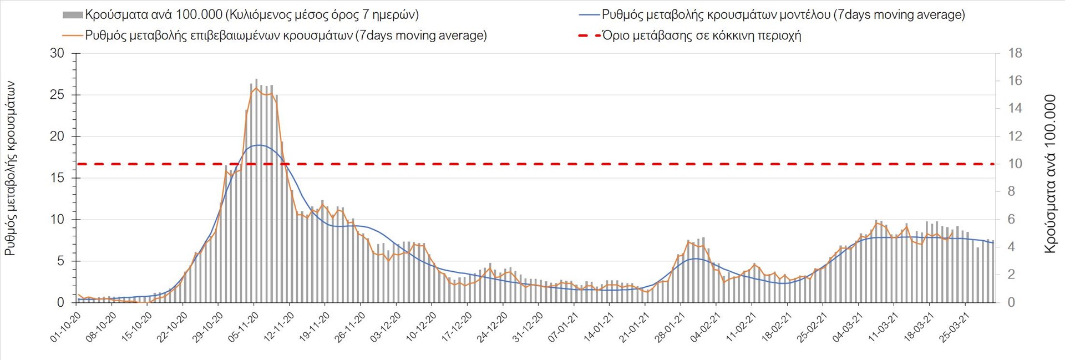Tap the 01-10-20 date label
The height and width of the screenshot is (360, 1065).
(x=66, y=327)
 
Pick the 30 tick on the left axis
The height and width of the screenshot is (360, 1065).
(x=57, y=53)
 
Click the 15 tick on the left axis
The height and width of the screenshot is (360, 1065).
(x=57, y=178)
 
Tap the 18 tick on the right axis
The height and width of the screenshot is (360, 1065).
(x=1015, y=53)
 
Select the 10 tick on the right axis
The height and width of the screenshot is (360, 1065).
(x=1015, y=164)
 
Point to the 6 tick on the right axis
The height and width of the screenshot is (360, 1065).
(x=1015, y=219)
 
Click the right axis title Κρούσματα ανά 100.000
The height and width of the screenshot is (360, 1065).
(x=1050, y=174)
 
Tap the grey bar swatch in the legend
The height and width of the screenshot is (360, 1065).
(x=73, y=15)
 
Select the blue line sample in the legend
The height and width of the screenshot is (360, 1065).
(x=589, y=15)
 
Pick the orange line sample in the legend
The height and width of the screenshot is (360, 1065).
(x=73, y=36)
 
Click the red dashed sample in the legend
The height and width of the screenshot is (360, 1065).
(x=589, y=36)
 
